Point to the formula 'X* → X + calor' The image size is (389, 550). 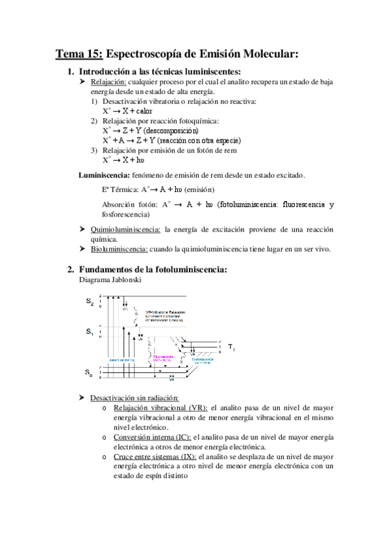tap(127, 111)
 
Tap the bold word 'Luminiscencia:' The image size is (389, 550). tap(104, 175)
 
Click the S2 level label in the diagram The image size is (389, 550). tap(90, 302)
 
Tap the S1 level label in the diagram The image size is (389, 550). tap(90, 331)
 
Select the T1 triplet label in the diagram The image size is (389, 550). tap(231, 348)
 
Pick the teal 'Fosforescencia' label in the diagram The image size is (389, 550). tap(204, 357)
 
